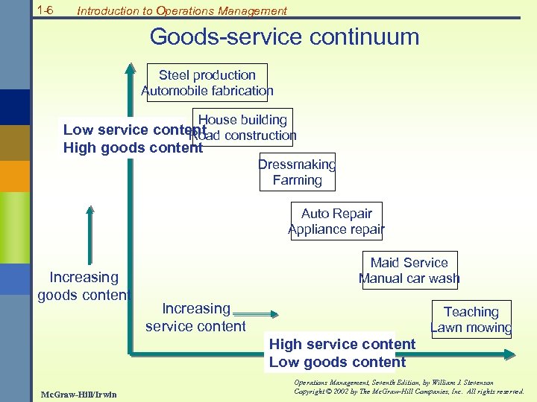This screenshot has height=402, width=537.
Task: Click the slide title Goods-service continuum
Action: coord(284,36)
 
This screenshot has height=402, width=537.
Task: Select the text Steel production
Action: coord(207,75)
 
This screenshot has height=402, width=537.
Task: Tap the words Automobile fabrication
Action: coord(207,91)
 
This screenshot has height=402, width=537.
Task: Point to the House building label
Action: coord(242,120)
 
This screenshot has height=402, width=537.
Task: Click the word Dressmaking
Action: coord(297,165)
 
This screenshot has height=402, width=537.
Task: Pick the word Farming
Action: coord(297,180)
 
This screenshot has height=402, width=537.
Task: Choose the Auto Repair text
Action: coord(336,214)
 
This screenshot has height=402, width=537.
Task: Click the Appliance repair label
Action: coord(336,229)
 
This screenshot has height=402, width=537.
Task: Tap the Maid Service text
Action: coord(409,263)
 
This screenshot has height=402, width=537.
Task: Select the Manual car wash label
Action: coord(409,279)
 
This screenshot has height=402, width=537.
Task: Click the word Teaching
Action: coord(471,312)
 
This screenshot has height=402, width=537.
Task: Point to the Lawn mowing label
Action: coord(471,328)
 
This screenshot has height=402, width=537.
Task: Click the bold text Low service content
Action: coord(127,130)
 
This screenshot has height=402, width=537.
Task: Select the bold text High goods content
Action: coord(133,147)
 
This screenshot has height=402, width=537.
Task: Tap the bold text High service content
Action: coord(342,344)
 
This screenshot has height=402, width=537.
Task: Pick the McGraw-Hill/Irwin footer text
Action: coord(69,393)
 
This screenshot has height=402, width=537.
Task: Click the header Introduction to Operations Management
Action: coord(181,10)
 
